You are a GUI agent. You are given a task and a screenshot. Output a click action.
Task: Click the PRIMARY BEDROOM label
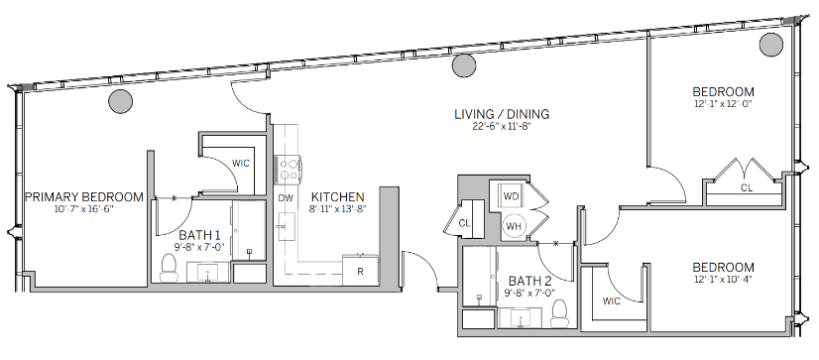84,197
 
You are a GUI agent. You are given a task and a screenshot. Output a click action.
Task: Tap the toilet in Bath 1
169,265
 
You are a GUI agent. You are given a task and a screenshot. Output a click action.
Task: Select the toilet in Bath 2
559,312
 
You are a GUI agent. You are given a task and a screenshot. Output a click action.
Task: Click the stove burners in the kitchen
289,170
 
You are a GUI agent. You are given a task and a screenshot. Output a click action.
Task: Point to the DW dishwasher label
286,198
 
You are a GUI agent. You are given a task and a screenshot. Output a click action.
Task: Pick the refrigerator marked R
360,270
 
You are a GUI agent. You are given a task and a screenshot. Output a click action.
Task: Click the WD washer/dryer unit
511,196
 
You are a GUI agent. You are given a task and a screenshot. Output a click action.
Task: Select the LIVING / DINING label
502,113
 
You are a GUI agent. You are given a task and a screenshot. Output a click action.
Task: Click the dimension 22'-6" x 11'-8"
501,126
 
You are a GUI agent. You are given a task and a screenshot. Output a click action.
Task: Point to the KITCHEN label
337,197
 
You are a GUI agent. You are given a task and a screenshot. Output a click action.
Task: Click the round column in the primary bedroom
121,101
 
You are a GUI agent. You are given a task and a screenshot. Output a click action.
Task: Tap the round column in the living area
464,65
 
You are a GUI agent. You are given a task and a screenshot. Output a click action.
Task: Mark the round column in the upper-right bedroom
771,45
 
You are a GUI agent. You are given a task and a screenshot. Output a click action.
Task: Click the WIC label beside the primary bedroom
241,164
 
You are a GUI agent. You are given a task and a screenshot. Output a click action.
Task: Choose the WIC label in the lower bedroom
611,301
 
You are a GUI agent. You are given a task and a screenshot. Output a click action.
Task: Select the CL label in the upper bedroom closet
747,188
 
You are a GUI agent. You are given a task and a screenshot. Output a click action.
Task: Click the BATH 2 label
530,281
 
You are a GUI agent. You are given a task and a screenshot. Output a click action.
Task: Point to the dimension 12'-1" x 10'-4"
723,279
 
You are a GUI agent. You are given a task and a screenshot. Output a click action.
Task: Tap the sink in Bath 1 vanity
208,272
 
